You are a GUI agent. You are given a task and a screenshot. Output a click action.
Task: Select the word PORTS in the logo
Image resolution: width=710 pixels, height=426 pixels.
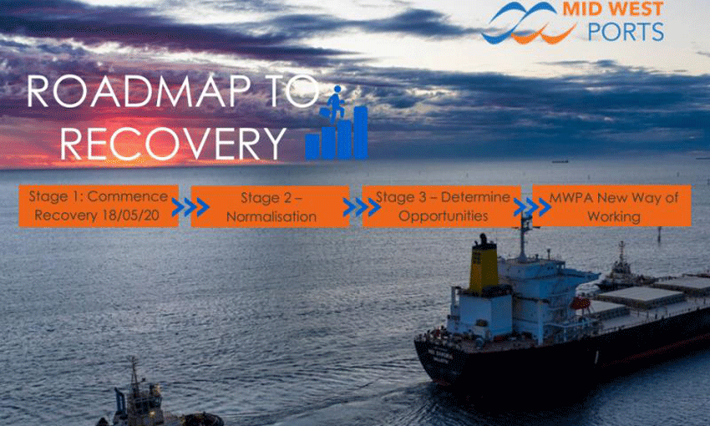coord(625,33)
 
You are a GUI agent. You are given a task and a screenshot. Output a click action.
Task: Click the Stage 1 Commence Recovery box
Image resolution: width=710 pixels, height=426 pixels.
coord(99,206)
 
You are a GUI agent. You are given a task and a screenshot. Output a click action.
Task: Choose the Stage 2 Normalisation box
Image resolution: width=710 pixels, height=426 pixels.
coord(270,206)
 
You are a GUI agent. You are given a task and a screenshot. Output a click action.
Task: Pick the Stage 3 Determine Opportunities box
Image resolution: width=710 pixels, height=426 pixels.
coord(442,206)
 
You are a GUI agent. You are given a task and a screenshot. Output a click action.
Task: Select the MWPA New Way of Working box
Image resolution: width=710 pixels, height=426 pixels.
coord(612,206)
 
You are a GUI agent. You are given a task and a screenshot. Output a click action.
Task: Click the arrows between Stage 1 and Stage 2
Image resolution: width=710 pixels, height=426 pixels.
coord(185,206)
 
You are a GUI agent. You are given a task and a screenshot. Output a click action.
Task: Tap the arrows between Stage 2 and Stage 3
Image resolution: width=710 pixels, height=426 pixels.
coord(356,206)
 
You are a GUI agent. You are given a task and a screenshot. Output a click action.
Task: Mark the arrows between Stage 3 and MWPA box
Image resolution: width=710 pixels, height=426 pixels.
coord(527,206)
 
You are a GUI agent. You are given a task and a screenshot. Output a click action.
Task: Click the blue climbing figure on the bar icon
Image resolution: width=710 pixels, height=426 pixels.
coord(335,104)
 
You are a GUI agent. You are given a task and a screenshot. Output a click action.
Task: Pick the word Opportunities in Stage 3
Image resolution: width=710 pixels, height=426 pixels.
coord(443,216)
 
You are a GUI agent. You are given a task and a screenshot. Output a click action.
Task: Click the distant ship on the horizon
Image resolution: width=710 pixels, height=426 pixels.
coord(560,159)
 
